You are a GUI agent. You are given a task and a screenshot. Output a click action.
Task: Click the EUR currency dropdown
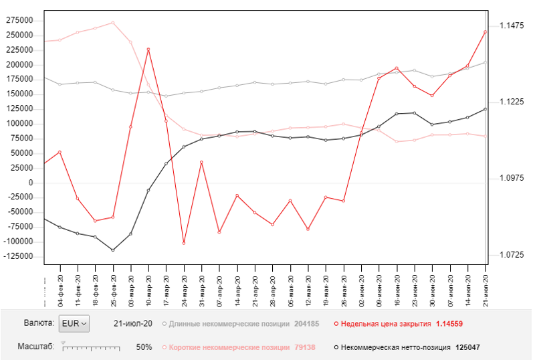[73, 324]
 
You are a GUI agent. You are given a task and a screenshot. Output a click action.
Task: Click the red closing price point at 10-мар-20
[148, 50]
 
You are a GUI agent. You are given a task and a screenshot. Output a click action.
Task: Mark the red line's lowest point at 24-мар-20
[184, 243]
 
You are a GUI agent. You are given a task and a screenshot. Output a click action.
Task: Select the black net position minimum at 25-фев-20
[112, 250]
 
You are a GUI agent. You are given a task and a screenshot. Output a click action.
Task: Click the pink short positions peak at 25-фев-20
[112, 23]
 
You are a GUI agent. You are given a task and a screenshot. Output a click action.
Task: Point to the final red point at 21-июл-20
[486, 31]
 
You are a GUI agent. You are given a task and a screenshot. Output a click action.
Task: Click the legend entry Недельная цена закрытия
[381, 324]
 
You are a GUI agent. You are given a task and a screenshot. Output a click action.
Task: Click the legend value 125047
[466, 348]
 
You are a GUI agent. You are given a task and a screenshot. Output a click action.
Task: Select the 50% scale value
[144, 348]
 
